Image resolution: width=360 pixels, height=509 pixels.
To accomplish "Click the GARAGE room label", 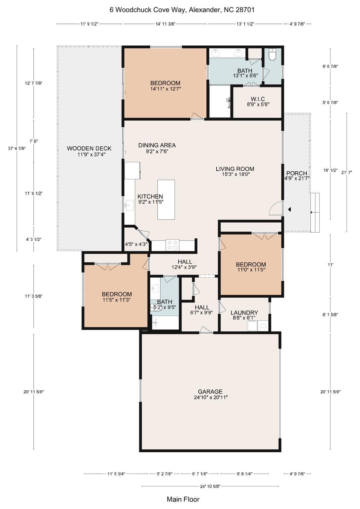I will pos(210,391).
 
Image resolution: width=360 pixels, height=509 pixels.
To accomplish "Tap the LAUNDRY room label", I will pos(244,312).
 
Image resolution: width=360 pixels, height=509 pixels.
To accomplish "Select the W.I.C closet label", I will pos(258,99).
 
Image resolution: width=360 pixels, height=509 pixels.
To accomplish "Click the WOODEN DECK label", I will pos(89,148).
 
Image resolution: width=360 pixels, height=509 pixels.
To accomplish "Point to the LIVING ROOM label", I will pos(235,169).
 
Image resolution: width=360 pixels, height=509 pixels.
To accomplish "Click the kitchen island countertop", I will pos(166,199).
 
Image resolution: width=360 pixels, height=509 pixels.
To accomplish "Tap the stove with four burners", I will pos(172,245).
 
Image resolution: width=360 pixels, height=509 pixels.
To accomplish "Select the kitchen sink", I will pos(129,206).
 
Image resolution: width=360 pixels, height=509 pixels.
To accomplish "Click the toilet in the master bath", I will pos(272,55).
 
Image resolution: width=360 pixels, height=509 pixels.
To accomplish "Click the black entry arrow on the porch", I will pos(289,209).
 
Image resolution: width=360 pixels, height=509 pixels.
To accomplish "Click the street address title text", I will pos(182,10).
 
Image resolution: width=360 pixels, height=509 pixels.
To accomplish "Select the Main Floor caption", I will pos(183,499).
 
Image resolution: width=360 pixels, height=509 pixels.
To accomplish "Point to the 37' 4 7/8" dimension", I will pos(17,148).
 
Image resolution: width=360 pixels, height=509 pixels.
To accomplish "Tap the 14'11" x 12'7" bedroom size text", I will pos(165,89).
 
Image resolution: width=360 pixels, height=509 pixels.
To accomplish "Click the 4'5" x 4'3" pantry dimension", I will pos(136,244).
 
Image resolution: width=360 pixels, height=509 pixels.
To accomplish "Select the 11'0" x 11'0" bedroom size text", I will pos(251,270).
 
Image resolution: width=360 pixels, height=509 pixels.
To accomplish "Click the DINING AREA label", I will pos(157,145).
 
